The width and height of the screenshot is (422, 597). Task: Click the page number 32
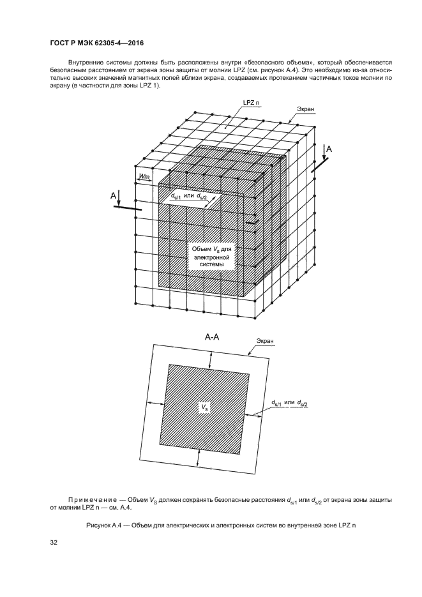pyautogui.click(x=54, y=542)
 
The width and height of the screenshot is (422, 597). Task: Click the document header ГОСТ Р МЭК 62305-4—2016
pyautogui.click(x=97, y=43)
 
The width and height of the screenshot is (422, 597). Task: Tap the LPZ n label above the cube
pyautogui.click(x=251, y=103)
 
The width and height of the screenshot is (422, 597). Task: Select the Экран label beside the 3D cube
pyautogui.click(x=306, y=109)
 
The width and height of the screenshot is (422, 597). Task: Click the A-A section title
pyautogui.click(x=212, y=336)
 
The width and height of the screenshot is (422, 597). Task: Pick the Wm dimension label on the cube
pyautogui.click(x=144, y=176)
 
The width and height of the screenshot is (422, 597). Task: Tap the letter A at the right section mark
pyautogui.click(x=329, y=149)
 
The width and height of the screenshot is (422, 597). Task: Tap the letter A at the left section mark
pyautogui.click(x=113, y=195)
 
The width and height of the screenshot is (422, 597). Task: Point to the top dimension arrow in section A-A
pyautogui.click(x=209, y=360)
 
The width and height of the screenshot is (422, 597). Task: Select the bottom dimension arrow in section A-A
pyautogui.click(x=198, y=457)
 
